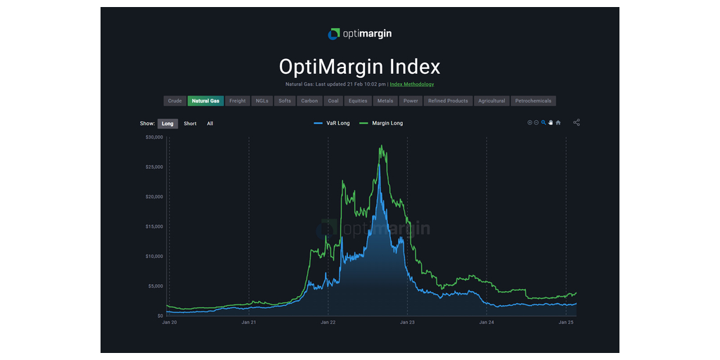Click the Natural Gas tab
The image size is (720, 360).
[x=205, y=101]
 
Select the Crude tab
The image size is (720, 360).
[x=175, y=101]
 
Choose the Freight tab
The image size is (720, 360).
[x=238, y=101]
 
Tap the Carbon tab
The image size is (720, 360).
[x=309, y=101]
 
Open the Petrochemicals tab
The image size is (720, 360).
[x=533, y=101]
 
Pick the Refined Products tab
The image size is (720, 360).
[x=448, y=101]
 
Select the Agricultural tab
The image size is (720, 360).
[x=491, y=101]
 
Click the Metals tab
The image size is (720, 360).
[x=385, y=101]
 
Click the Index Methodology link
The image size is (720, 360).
[x=412, y=84]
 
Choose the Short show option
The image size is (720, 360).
[x=190, y=124]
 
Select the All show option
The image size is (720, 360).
[x=210, y=124]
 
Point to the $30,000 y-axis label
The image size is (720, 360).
[x=154, y=137]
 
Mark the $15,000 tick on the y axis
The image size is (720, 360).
[x=154, y=226]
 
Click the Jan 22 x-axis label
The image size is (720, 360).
[x=328, y=323]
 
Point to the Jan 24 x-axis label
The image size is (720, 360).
[x=486, y=323]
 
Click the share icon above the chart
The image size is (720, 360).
[x=577, y=122]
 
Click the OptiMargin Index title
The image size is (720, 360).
[x=359, y=67]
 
